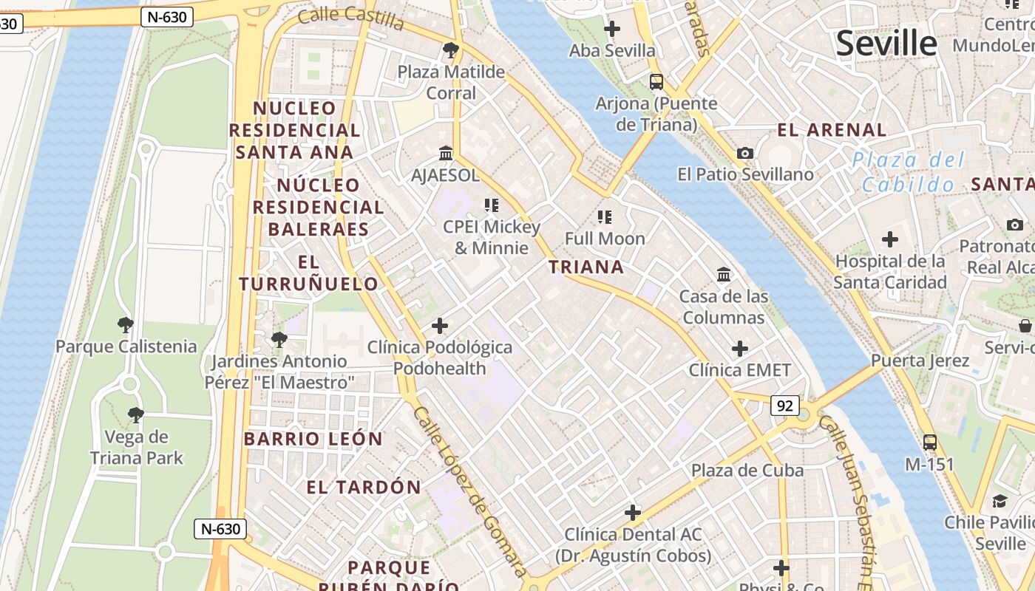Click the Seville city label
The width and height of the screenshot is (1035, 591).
[x=886, y=44]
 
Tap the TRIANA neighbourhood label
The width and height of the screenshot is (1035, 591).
[x=586, y=267]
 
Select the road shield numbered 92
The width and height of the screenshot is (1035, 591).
[x=785, y=405]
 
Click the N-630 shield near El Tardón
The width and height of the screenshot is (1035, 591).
[x=220, y=529]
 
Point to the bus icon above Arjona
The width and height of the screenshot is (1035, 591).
[x=656, y=81]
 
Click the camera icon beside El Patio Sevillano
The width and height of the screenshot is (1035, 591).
[x=745, y=153]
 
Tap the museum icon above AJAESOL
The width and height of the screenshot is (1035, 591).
[x=446, y=153]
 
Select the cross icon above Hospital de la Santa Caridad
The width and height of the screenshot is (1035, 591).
[x=890, y=239]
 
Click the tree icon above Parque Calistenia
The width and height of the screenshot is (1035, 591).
[x=126, y=324]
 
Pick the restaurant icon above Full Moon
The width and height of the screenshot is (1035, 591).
[x=605, y=216]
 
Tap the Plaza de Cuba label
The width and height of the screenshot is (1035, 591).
[x=747, y=471]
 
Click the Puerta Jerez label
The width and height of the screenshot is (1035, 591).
[x=920, y=361]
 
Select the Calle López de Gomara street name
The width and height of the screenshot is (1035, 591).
[x=469, y=491]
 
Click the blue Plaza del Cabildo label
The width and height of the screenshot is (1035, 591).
[x=909, y=171]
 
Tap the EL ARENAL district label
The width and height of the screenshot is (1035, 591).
[x=832, y=130]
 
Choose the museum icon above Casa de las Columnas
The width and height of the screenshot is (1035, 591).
[x=724, y=275]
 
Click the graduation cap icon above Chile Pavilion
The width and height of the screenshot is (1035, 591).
[x=1000, y=501]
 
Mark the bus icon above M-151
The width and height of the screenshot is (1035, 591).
[x=930, y=443]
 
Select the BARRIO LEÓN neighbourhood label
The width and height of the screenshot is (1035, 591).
[x=313, y=439]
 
